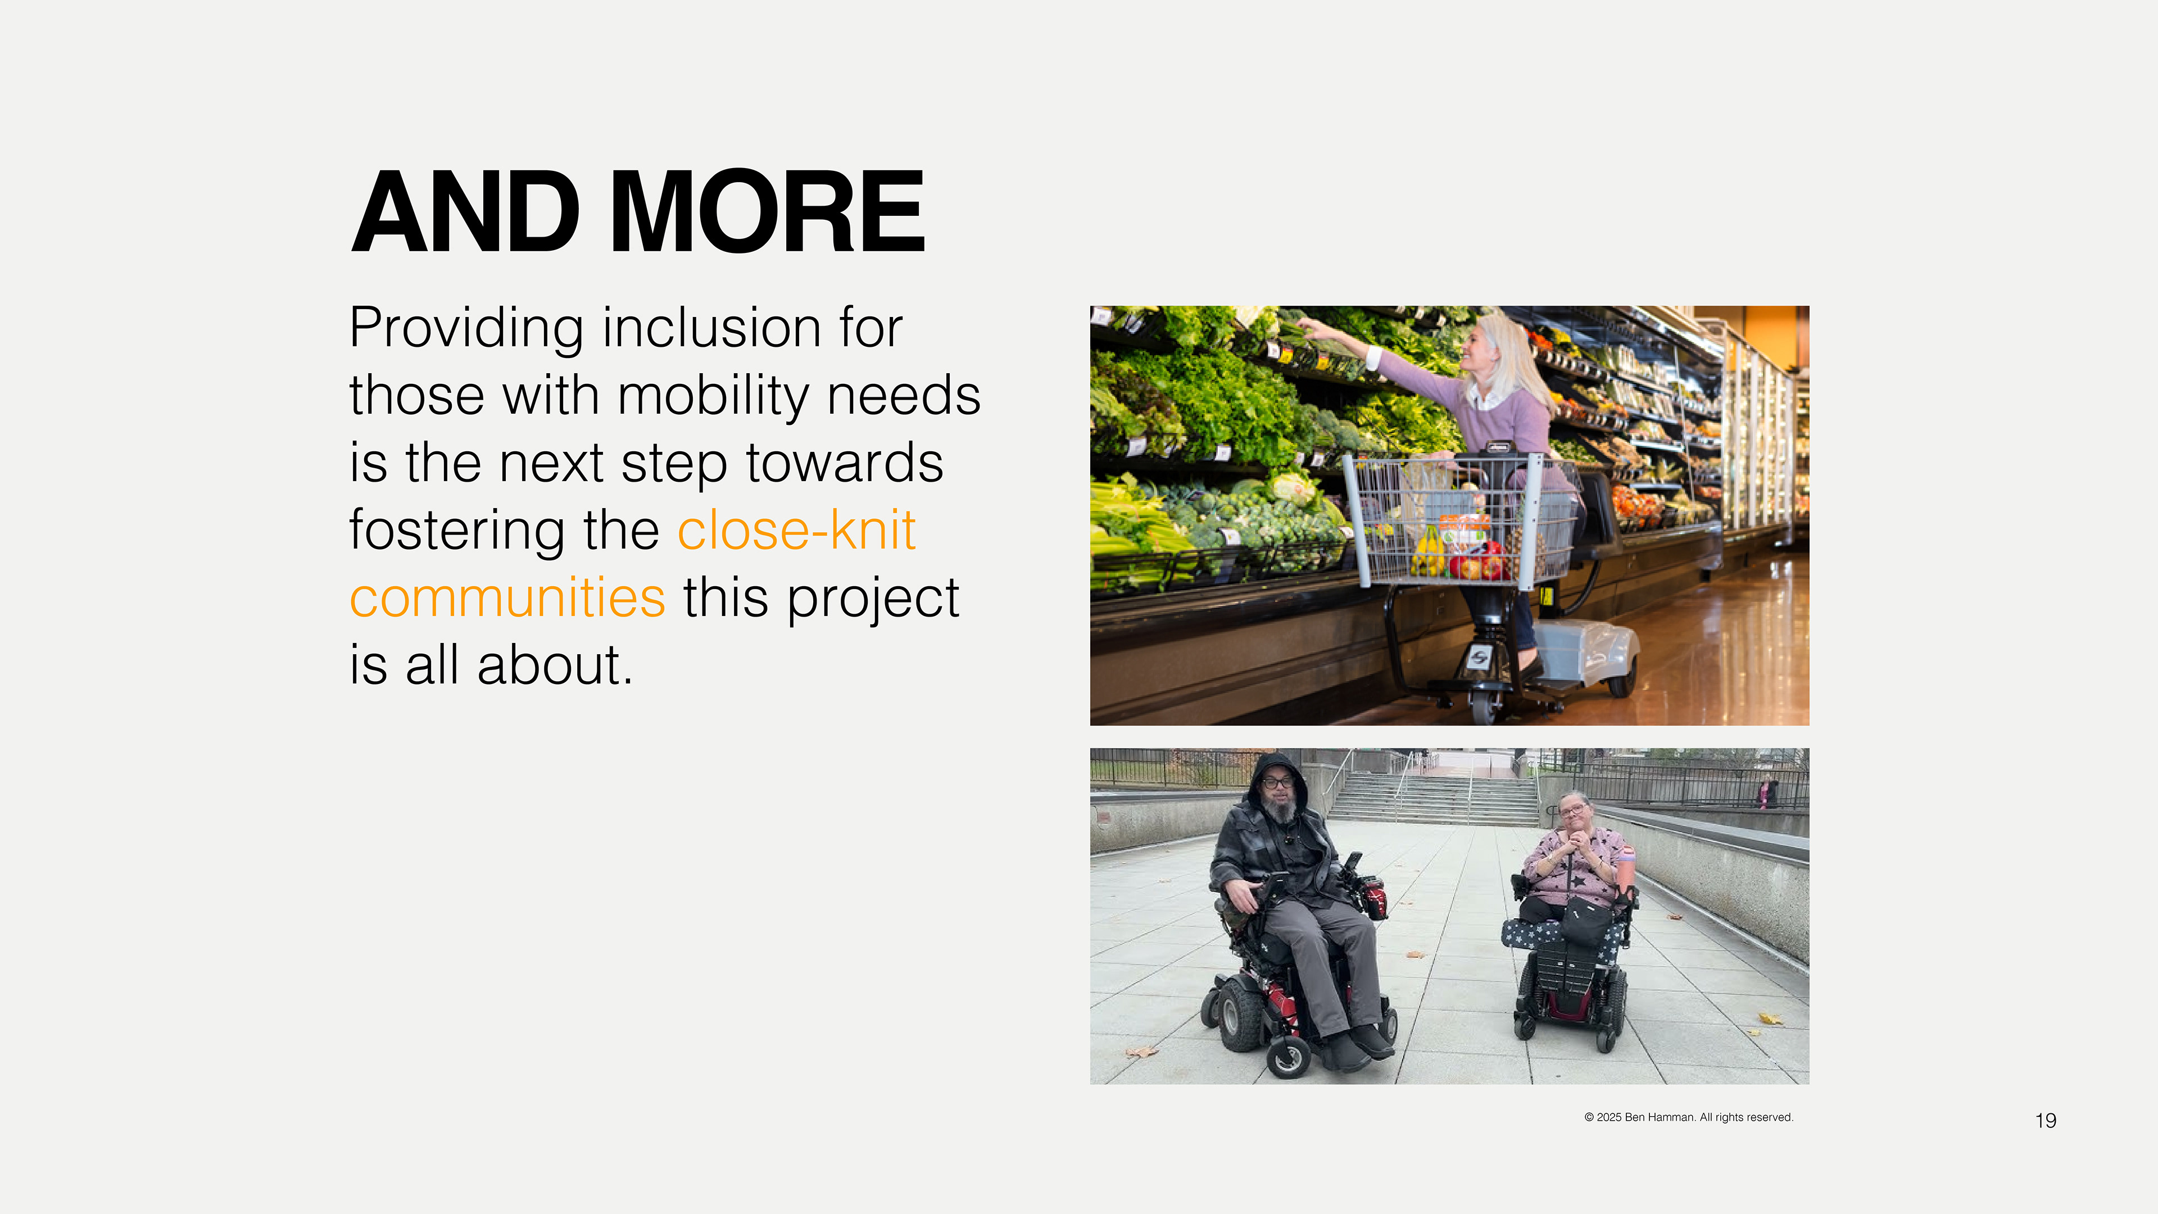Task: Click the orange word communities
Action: click(507, 598)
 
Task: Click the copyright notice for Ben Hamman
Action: click(1689, 1118)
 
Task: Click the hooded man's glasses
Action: click(1277, 782)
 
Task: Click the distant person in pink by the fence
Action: click(1765, 794)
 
